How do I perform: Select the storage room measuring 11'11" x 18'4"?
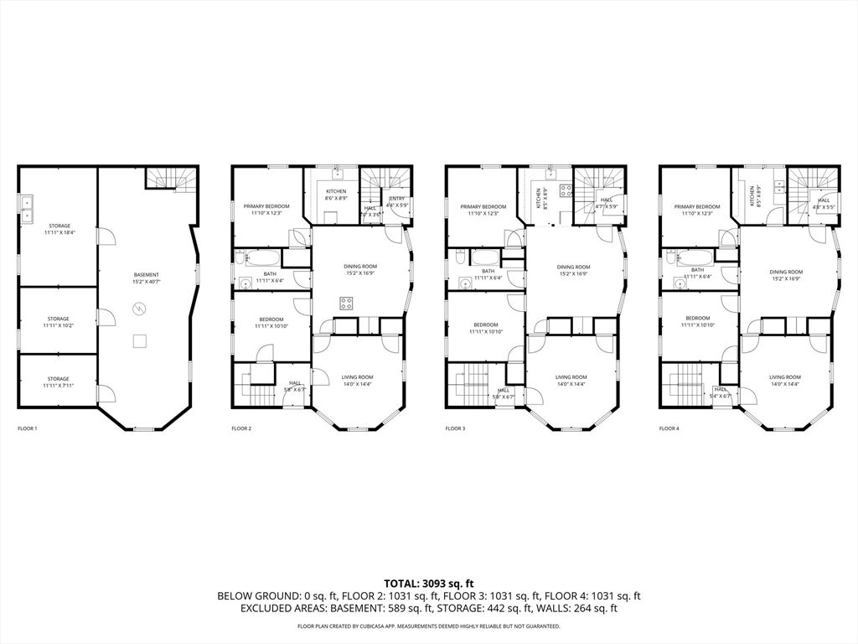[x=59, y=229]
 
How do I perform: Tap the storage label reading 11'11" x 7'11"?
[x=59, y=382]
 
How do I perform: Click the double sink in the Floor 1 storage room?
[x=28, y=208]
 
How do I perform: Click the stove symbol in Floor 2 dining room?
[x=345, y=302]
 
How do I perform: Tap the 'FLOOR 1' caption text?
[x=28, y=428]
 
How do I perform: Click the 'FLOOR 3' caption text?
[x=455, y=428]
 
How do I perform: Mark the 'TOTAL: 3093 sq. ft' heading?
[x=429, y=583]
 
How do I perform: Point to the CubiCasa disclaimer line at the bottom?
[x=429, y=626]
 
